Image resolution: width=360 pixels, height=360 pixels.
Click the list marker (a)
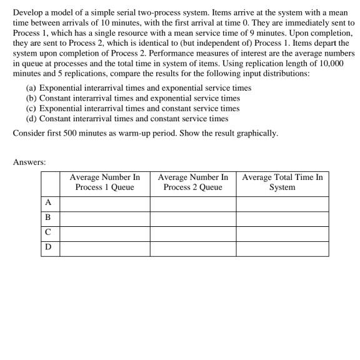[31, 88]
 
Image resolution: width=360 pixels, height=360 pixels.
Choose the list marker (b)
[31, 98]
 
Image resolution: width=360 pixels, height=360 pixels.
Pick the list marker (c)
[31, 108]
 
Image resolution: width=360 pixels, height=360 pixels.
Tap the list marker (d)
[31, 118]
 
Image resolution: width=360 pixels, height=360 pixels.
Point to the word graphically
[256, 134]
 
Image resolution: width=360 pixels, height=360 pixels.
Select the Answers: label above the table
[29, 162]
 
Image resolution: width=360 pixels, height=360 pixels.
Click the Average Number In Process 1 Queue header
[104, 182]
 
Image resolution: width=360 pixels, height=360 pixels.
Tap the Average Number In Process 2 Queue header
[192, 182]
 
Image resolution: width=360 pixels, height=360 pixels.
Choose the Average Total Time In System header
[282, 182]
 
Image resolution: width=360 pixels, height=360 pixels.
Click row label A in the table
[47, 202]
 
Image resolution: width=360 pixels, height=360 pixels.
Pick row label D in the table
[47, 248]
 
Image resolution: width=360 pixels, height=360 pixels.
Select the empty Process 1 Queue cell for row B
[104, 218]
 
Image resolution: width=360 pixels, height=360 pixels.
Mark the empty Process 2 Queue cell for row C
[192, 233]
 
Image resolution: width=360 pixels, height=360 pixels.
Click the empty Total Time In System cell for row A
[282, 202]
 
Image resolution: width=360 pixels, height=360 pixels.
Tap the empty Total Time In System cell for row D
[282, 248]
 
